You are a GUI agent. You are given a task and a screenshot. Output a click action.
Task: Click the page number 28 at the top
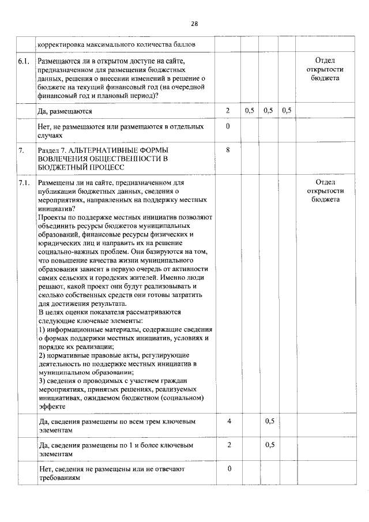[x=194, y=24]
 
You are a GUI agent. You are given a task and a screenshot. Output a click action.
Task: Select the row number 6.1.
[x=24, y=61]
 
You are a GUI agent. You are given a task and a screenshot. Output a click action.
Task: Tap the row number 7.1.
[x=24, y=183]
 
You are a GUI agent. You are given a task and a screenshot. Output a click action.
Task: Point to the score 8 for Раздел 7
[x=228, y=150]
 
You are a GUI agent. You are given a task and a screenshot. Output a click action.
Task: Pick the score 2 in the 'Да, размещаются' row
[x=228, y=110]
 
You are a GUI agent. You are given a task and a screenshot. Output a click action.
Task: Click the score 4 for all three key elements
[x=229, y=421]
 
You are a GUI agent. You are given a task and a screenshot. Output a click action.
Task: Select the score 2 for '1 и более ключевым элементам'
[x=229, y=445]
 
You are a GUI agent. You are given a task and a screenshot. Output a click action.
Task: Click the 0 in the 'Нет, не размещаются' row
[x=228, y=126]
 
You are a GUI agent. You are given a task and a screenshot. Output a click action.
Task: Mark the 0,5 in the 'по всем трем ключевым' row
[x=269, y=421]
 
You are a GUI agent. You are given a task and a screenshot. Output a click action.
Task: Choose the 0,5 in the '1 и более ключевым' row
[x=269, y=445]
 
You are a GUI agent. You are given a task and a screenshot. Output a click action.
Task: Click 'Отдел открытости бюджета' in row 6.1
[x=325, y=69]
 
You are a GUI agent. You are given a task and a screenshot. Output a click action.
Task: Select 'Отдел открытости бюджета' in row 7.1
[x=325, y=191]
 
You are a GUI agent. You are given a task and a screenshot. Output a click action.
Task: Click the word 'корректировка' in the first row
[x=62, y=44]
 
